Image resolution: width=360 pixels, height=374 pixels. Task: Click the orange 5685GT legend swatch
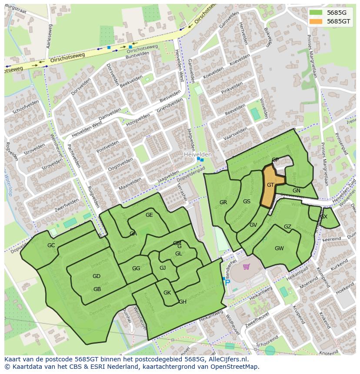316,21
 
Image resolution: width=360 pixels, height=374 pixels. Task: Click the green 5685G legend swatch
316,13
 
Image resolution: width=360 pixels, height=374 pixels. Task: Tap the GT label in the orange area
270,185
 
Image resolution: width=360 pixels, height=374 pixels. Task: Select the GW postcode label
279,248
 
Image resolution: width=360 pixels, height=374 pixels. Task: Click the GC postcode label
51,245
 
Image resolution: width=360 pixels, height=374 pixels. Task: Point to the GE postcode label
149,215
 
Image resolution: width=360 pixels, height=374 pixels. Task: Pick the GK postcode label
167,293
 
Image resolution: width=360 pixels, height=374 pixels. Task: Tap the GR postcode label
223,202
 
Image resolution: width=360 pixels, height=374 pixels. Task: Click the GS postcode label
247,202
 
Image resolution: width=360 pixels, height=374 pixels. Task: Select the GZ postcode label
287,227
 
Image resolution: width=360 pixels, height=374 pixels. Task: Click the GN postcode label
297,191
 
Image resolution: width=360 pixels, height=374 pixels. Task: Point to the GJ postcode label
163,268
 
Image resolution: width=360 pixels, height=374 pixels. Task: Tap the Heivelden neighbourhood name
197,155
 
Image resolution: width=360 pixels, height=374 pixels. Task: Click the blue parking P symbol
227,282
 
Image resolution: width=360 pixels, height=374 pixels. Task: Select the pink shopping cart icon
247,267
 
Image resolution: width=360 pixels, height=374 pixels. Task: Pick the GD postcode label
97,276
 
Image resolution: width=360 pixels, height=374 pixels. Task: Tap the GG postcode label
136,268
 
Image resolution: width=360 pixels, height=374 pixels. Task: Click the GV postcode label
253,225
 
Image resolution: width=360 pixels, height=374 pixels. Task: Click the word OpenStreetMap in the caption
234,367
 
